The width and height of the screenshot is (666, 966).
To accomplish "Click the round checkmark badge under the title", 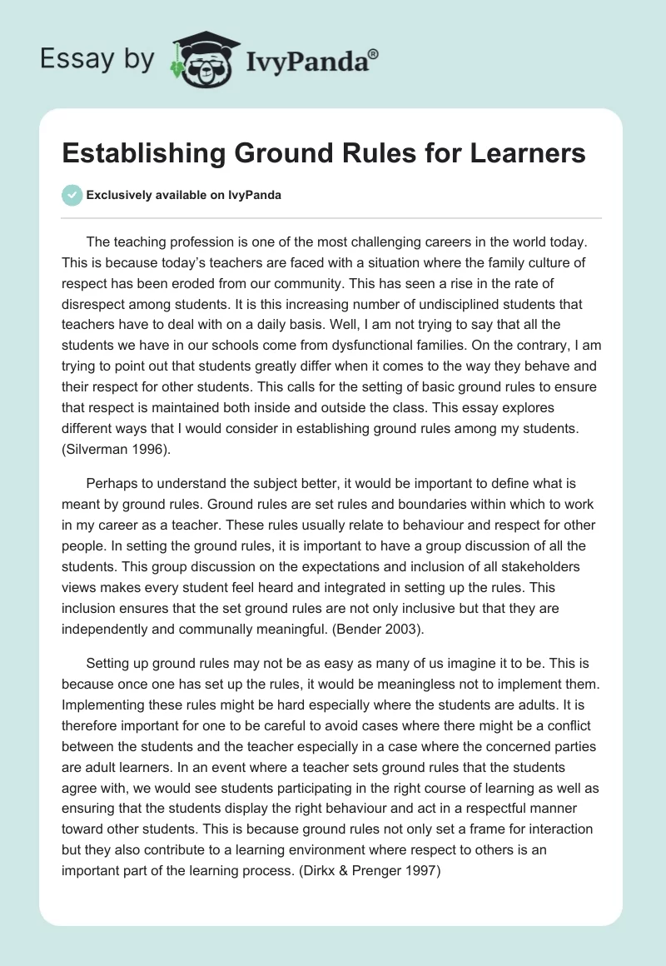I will [x=72, y=196].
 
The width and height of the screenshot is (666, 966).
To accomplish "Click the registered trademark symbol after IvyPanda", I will [x=373, y=53].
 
